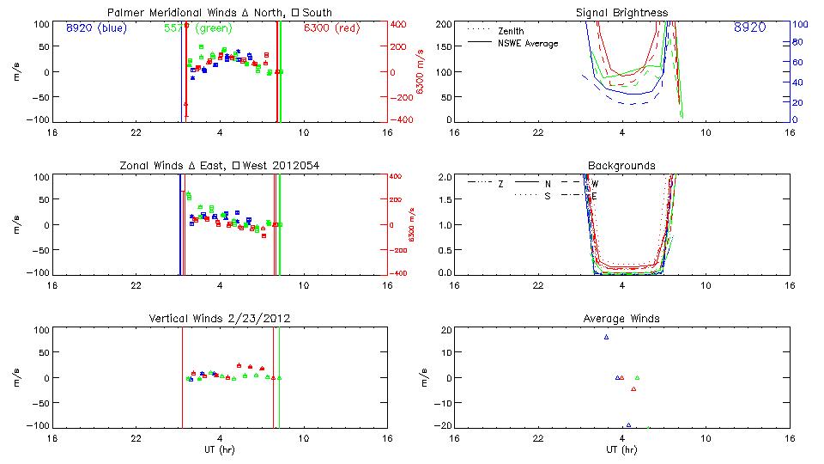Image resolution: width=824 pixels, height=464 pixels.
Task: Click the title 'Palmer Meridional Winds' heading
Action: coord(168,12)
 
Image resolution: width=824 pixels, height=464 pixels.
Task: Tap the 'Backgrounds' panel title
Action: coord(622,165)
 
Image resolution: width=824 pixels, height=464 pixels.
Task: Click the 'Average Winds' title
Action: coord(622,318)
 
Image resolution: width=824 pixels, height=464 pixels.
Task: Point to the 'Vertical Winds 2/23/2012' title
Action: coord(220,318)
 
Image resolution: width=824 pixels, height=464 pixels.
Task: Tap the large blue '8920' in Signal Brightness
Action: coord(750,28)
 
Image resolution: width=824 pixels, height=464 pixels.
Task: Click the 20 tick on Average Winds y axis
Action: coord(446,330)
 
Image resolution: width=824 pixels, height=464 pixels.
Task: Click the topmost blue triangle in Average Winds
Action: coord(606,337)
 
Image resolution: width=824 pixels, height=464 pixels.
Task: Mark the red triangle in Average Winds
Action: coord(633,388)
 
